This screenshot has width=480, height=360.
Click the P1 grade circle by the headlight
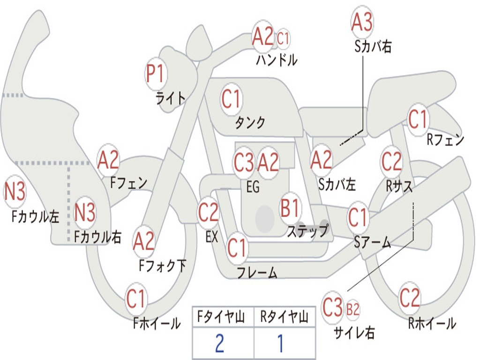(156, 74)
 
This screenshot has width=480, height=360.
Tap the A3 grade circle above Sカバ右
(362, 22)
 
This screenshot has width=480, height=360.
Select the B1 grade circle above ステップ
(289, 208)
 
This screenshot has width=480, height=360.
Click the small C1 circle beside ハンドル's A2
(283, 38)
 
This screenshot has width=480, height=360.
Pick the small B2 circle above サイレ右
(352, 309)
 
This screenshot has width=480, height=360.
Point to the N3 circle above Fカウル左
(15, 191)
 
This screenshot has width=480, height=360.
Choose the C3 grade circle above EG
(244, 162)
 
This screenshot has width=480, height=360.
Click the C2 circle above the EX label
(208, 212)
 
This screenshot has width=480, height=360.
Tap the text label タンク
(250, 123)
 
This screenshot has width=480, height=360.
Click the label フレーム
(257, 272)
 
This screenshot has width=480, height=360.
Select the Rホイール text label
(432, 323)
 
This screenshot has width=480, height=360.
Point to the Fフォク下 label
(163, 266)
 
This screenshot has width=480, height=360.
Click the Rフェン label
(445, 140)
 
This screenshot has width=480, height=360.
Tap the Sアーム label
(373, 242)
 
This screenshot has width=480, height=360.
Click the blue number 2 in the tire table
(219, 343)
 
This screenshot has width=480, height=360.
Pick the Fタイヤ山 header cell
(223, 316)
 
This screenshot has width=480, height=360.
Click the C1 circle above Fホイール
(135, 299)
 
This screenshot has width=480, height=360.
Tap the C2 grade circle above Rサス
(391, 161)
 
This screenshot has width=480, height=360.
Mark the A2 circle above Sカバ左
(321, 160)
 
